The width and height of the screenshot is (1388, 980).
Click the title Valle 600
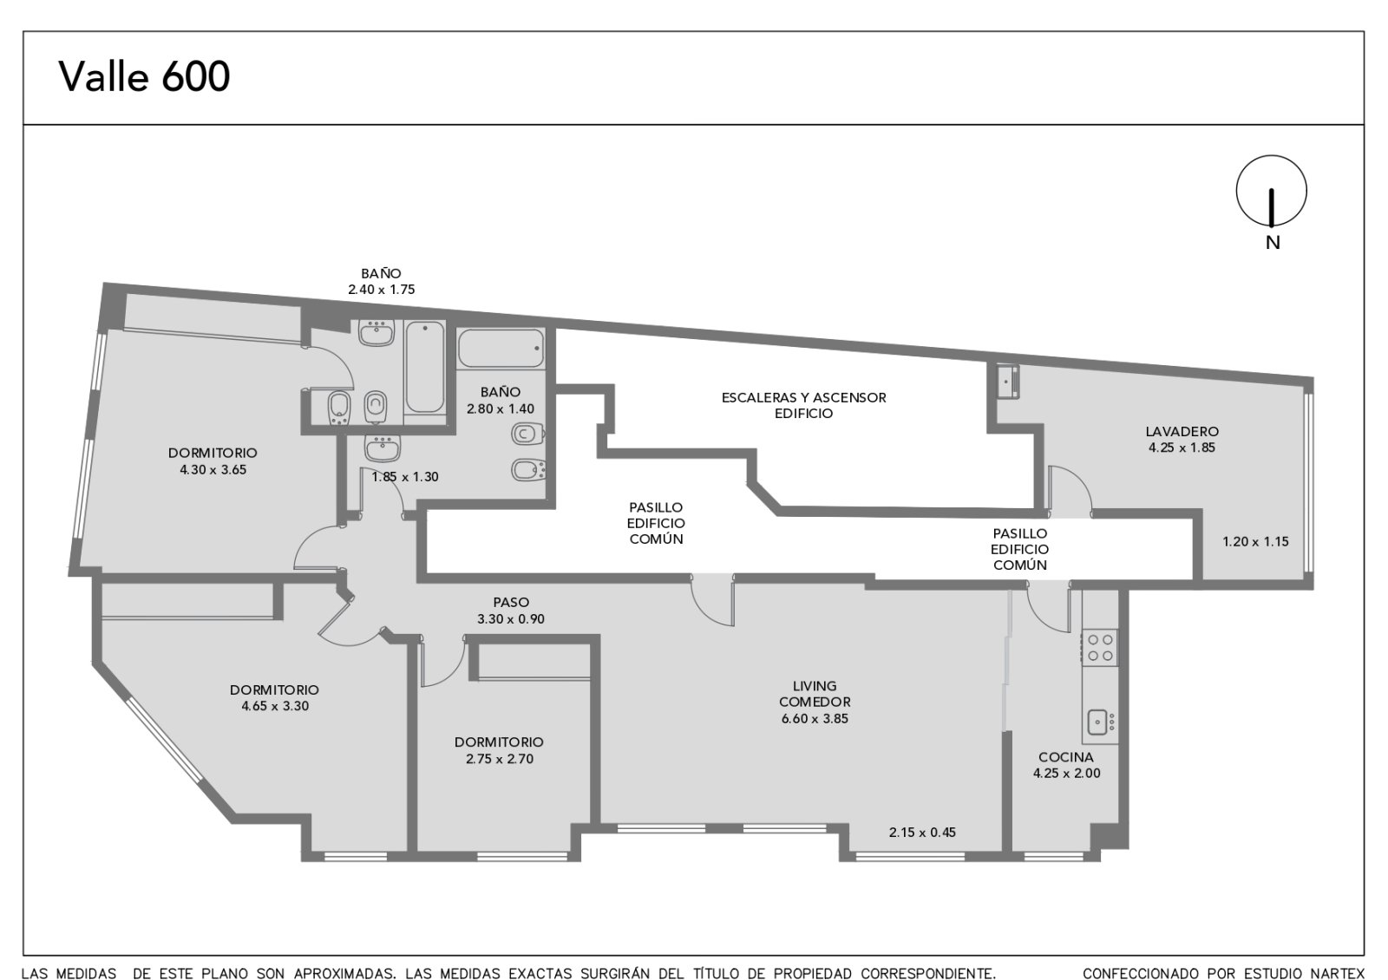pyautogui.click(x=144, y=77)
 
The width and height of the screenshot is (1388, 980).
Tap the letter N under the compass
pyautogui.click(x=1272, y=243)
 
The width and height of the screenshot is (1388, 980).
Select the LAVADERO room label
pyautogui.click(x=1182, y=431)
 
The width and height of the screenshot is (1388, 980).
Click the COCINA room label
pyautogui.click(x=1066, y=756)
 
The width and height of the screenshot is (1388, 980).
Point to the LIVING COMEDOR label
pyautogui.click(x=815, y=694)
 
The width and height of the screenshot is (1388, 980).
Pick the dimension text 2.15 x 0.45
pyautogui.click(x=922, y=833)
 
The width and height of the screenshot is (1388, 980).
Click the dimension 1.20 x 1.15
pyautogui.click(x=1255, y=541)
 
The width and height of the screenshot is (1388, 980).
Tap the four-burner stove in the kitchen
pyautogui.click(x=1100, y=647)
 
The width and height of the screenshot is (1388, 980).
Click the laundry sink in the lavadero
pyautogui.click(x=1007, y=381)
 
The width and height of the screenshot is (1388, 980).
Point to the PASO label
pyautogui.click(x=511, y=602)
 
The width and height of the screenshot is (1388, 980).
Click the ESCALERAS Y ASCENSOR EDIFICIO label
pyautogui.click(x=803, y=405)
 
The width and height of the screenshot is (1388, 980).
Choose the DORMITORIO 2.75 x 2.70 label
pyautogui.click(x=499, y=750)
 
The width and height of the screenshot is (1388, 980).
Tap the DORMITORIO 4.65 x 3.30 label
pyautogui.click(x=274, y=697)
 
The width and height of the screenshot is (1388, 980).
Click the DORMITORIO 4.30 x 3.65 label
pyautogui.click(x=213, y=461)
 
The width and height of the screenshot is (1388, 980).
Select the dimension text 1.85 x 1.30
pyautogui.click(x=405, y=477)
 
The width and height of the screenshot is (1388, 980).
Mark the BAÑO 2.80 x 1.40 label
pyautogui.click(x=500, y=400)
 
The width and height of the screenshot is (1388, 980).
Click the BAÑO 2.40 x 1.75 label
pyautogui.click(x=381, y=281)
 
